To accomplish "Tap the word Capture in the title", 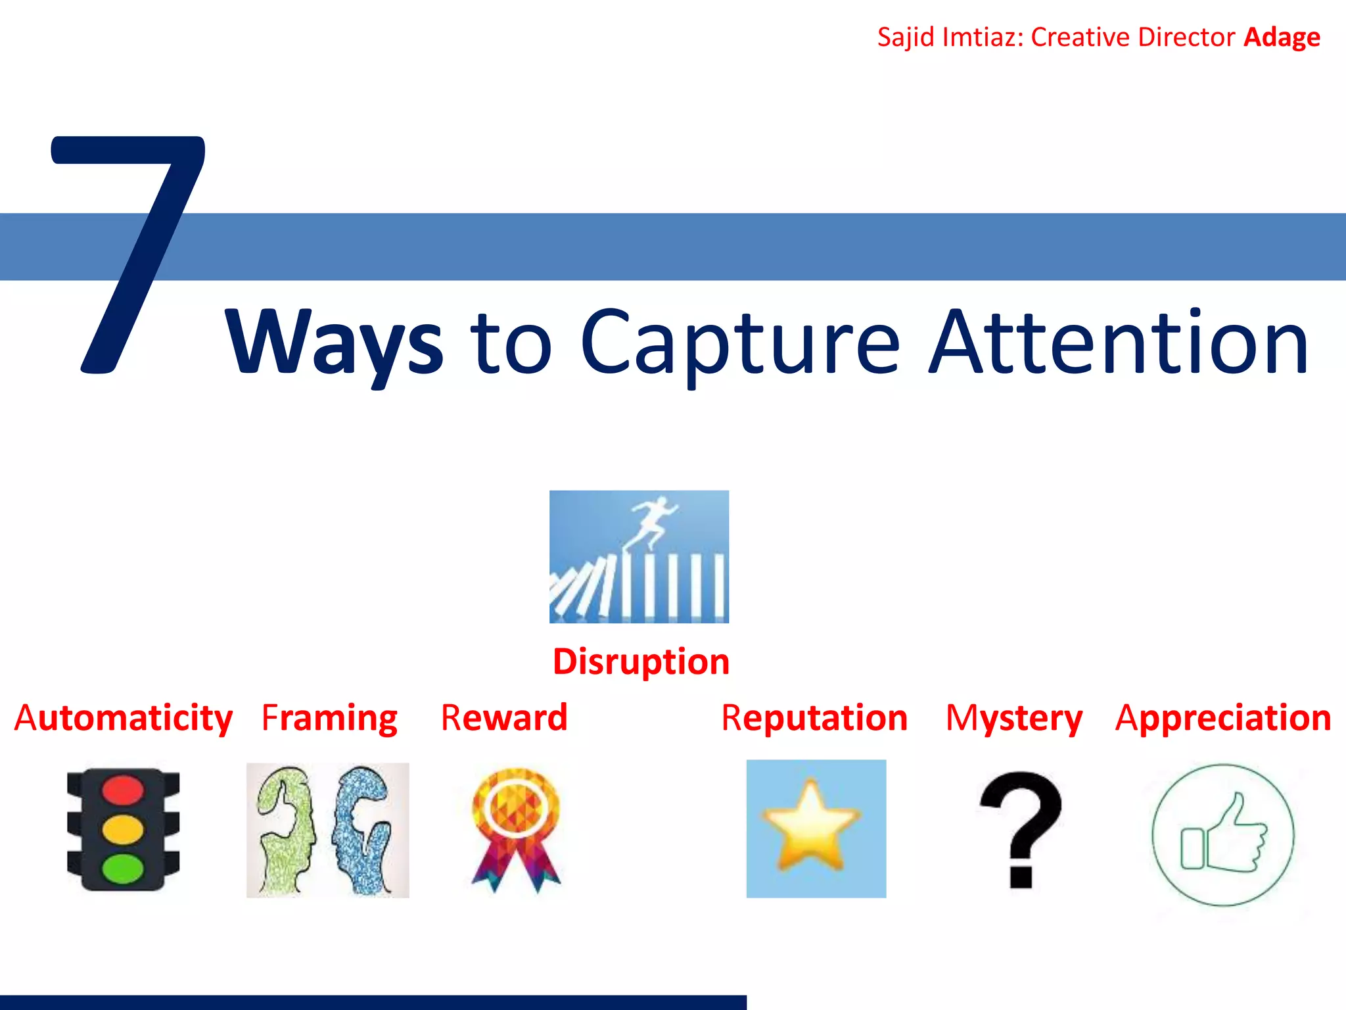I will [x=739, y=343].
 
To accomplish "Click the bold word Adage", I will [x=1282, y=37].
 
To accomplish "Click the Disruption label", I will [x=641, y=661].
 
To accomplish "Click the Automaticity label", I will [x=124, y=717].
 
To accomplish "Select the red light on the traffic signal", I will [x=123, y=789].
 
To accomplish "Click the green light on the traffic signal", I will [x=123, y=868].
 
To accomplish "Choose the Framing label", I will [x=329, y=717].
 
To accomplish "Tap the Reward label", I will [x=504, y=717].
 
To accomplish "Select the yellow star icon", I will [x=812, y=825].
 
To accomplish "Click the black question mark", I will [x=1020, y=829].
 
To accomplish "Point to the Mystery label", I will [x=1013, y=717].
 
